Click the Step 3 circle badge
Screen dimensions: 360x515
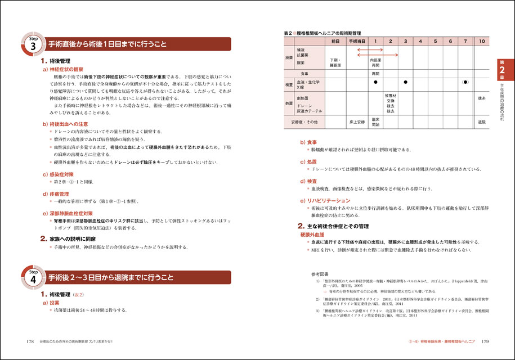coord(33,45)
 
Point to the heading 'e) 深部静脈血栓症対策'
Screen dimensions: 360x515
coord(71,214)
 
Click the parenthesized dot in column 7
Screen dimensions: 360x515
coord(465,82)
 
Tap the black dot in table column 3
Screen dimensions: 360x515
coord(405,82)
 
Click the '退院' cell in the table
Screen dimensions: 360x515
coord(482,121)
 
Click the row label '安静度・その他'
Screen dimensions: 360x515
coord(304,121)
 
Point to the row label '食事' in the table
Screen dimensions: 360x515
coord(304,74)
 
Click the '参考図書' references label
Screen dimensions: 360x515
coord(317,274)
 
